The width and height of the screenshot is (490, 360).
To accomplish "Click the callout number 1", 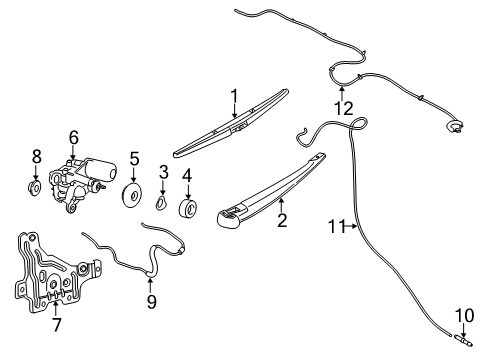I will click(233, 96).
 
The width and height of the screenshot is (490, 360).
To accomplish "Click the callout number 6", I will click(73, 137).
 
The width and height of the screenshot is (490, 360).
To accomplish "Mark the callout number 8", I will click(37, 157).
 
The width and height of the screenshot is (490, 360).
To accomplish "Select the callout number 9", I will click(151, 299).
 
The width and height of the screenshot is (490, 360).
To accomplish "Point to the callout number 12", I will click(343, 107).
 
